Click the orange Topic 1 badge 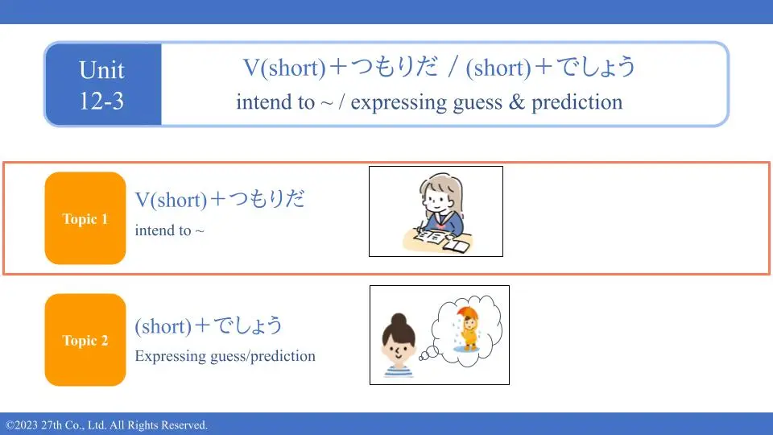coord(85,218)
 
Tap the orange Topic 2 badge coord(85,340)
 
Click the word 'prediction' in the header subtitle coord(577,102)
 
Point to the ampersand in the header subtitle coord(516,102)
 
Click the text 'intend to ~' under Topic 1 coord(170,230)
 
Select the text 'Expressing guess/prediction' coord(225,356)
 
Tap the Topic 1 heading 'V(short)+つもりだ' coord(220,199)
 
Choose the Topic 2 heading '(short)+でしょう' coord(209,326)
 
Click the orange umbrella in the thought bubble coord(467,313)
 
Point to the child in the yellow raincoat coord(469,331)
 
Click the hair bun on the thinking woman coord(399,320)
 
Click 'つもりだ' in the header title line coord(395,67)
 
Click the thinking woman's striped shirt coord(399,372)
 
